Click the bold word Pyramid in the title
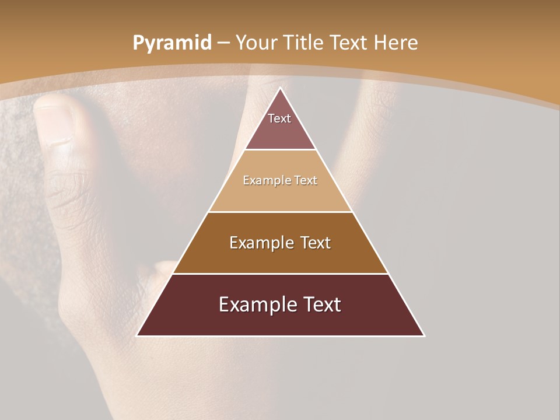[x=171, y=43]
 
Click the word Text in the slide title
[x=349, y=43]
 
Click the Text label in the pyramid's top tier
[x=279, y=118]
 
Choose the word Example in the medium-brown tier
[x=259, y=243]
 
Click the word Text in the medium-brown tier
[x=313, y=243]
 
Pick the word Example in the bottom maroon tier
[x=254, y=304]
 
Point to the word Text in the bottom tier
[x=320, y=304]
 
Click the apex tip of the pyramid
[x=281, y=88]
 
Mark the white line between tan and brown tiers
[x=281, y=212]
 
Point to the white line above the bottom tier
[x=281, y=274]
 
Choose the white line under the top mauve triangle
[x=281, y=150]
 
